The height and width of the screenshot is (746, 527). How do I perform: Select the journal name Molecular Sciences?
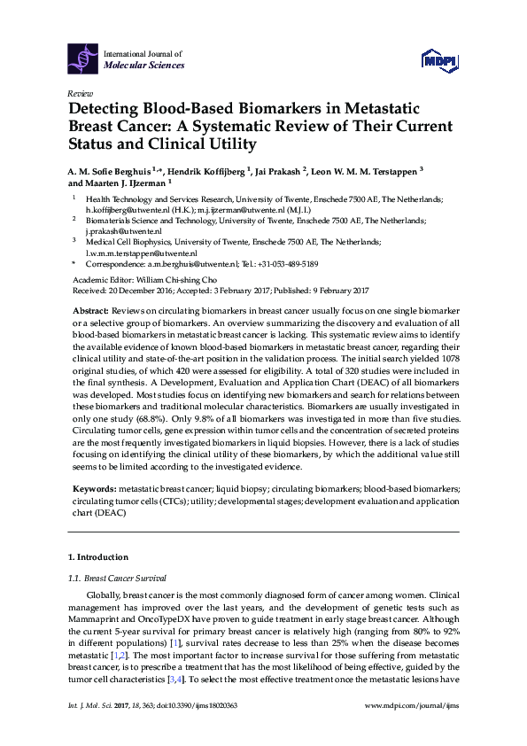click(x=144, y=66)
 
